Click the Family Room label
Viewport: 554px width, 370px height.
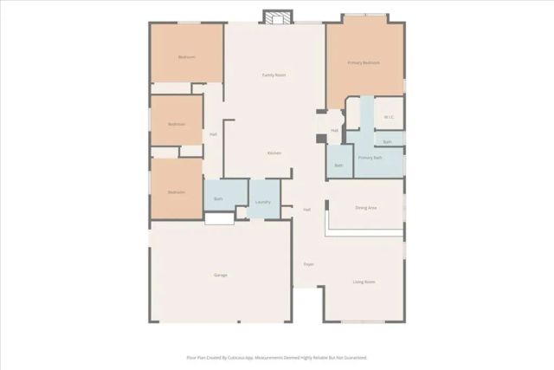(x=274, y=75)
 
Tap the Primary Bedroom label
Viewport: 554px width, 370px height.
(x=364, y=63)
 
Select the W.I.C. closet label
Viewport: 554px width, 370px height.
(x=389, y=116)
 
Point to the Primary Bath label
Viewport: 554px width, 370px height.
(x=370, y=159)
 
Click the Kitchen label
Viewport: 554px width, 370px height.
(x=274, y=153)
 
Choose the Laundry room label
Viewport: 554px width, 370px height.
(x=263, y=202)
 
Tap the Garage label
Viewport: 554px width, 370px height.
(x=220, y=276)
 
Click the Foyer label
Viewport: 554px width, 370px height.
(x=308, y=263)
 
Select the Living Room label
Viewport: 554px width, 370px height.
(x=364, y=282)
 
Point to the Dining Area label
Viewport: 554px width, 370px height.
(x=365, y=208)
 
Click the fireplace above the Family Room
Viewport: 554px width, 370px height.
(x=277, y=17)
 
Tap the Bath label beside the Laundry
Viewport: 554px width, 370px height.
(x=218, y=199)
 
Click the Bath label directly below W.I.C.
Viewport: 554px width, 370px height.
(x=388, y=141)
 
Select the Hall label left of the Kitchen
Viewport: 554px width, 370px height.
(x=213, y=134)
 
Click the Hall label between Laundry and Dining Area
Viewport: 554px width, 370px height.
(x=306, y=210)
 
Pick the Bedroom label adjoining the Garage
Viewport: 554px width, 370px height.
(x=177, y=191)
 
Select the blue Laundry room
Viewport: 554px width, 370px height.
(x=264, y=198)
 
